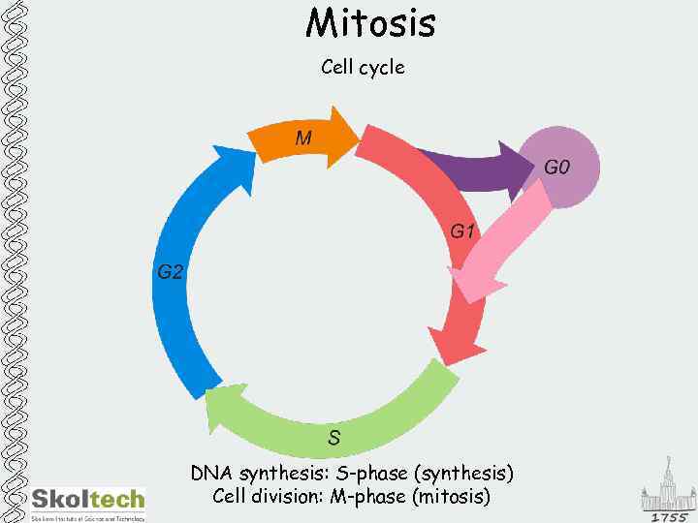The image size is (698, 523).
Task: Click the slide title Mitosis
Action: [370, 23]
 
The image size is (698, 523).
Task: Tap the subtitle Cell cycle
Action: [363, 68]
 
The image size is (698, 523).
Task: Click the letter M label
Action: [303, 138]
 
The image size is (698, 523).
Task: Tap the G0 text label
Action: [556, 167]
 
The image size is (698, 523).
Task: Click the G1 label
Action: [463, 231]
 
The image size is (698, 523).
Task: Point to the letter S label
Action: [333, 438]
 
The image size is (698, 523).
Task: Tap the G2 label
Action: [170, 271]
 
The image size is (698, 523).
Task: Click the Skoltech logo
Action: [87, 502]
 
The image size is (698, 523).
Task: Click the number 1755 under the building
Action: [668, 516]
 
